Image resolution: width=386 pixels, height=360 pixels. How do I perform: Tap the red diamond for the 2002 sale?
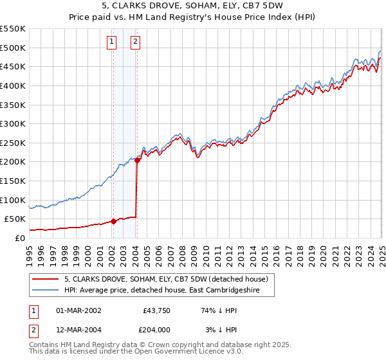pos(113,221)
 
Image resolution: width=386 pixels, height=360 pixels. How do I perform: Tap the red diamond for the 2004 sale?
pos(137,161)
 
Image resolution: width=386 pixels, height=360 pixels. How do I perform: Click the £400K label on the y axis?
pos(13,85)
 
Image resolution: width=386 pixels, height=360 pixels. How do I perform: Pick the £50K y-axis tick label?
pos(15,219)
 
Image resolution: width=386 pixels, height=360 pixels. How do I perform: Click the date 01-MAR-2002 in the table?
pos(78,310)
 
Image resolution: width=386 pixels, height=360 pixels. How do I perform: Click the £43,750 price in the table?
pos(156,310)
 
